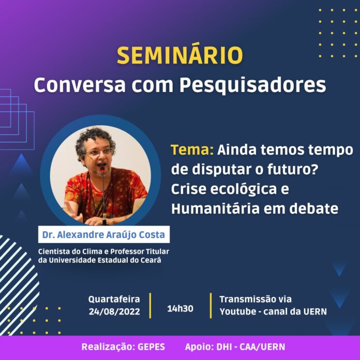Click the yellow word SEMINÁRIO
coord(180,55)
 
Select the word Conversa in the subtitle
coord(80,85)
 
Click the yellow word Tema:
coord(192,150)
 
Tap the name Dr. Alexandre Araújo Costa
coord(104,235)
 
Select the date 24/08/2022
coord(114,311)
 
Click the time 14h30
coord(180,309)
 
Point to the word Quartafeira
coord(114,299)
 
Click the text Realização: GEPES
coord(123,347)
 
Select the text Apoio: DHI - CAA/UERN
coord(235,347)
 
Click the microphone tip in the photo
coord(102,169)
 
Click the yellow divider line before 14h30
coord(151,306)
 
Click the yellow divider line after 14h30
coord(211,306)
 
